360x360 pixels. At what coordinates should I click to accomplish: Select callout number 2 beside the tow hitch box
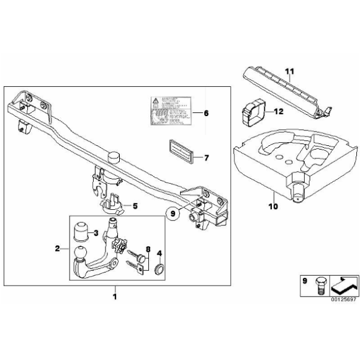57,248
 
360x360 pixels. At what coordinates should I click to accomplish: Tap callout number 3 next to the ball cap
96,233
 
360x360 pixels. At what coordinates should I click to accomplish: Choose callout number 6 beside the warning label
206,114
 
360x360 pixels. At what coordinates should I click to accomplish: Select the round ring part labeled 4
158,269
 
